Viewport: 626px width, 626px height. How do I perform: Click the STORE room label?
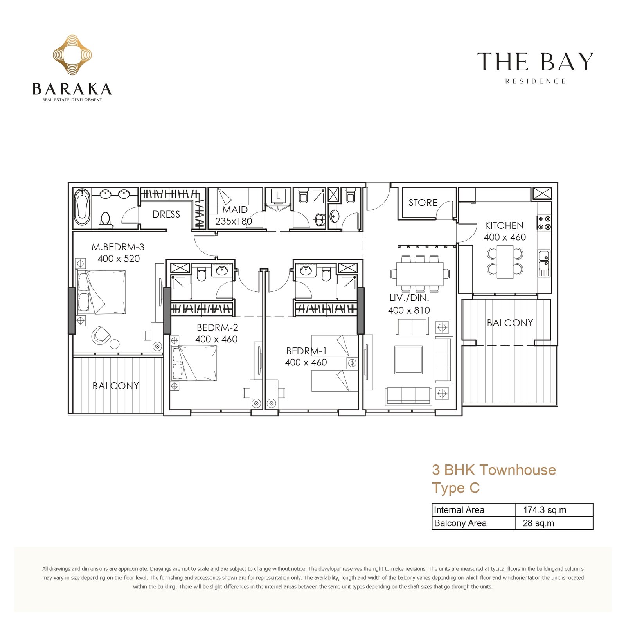423,203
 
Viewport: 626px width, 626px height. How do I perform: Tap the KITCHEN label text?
504,225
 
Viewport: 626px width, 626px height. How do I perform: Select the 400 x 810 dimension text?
409,310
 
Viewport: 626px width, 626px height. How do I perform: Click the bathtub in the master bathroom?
82,207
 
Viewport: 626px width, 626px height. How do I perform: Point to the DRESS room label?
166,214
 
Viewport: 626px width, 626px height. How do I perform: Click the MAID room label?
235,210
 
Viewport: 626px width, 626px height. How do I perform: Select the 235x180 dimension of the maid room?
234,221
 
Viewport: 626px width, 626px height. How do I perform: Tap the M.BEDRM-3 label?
118,247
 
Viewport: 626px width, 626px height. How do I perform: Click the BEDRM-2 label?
217,327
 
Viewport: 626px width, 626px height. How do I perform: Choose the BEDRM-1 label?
306,351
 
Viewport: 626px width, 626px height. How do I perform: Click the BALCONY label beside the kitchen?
510,323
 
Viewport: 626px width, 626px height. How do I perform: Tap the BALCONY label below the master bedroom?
115,386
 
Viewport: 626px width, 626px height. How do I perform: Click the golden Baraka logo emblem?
72,55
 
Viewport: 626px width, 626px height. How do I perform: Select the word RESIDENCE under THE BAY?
535,81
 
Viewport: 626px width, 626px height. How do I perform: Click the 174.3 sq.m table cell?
554,510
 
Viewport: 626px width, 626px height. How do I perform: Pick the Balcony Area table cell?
474,523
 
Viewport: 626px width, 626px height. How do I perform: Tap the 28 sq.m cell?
554,523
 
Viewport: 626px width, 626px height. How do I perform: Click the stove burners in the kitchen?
545,222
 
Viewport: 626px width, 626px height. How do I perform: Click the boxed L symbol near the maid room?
278,195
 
